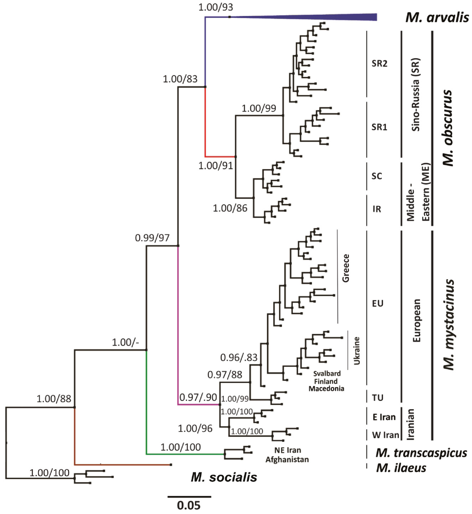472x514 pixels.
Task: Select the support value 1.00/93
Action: click(x=216, y=7)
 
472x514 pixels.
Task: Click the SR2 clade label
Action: click(x=379, y=63)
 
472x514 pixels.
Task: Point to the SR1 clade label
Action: click(x=379, y=127)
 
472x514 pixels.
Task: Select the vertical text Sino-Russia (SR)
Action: click(x=415, y=94)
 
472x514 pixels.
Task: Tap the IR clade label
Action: click(x=377, y=209)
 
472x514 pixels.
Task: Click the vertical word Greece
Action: click(x=345, y=268)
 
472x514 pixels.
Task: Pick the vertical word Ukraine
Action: click(x=357, y=351)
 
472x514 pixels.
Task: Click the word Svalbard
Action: click(x=327, y=373)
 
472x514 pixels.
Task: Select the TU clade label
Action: click(x=377, y=398)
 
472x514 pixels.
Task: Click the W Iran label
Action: click(x=385, y=435)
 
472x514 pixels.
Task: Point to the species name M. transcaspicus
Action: click(x=421, y=453)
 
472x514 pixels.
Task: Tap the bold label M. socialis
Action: click(x=224, y=477)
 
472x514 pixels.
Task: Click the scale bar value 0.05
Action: click(x=189, y=505)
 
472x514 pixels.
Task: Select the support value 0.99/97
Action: click(x=152, y=238)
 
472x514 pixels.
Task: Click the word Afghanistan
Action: click(x=287, y=459)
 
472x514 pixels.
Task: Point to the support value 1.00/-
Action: click(x=125, y=342)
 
